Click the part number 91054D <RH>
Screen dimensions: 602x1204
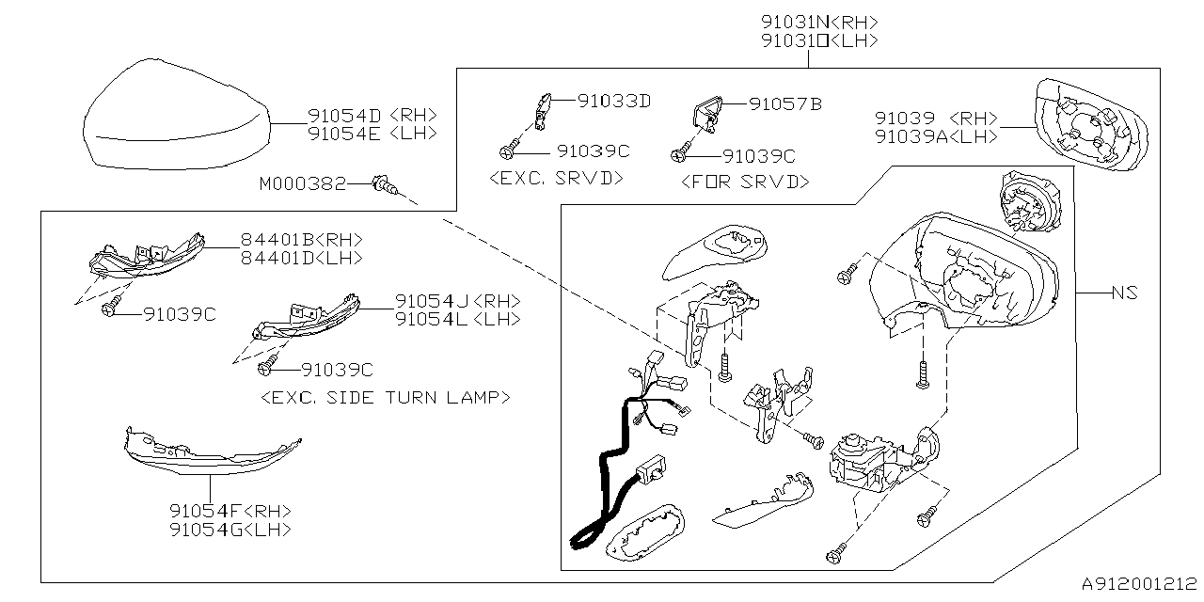coord(372,116)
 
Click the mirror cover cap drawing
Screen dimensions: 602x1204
coord(173,114)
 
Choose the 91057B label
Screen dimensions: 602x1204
coord(784,103)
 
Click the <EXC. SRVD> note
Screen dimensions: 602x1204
coord(558,177)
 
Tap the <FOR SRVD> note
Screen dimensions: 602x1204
coord(744,181)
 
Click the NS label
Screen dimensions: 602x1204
coord(1125,293)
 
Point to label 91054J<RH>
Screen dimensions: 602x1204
coord(457,301)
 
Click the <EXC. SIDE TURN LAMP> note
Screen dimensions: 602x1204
coord(386,397)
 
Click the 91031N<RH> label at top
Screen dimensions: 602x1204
coord(820,23)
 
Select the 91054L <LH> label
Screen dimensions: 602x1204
coord(457,319)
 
